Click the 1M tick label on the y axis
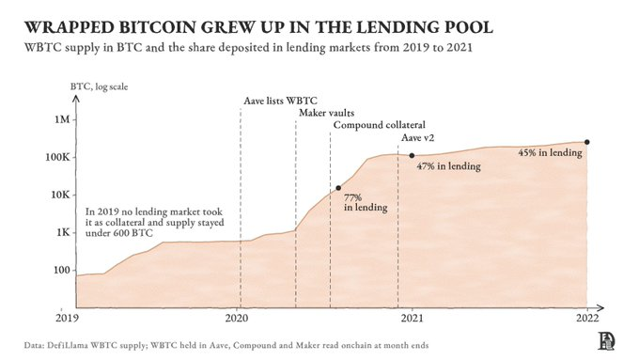click(61, 119)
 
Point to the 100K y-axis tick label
click(57, 157)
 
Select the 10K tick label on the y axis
click(60, 195)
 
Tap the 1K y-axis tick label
click(63, 232)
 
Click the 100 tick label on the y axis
click(62, 270)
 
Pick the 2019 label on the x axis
click(67, 318)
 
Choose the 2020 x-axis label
click(237, 318)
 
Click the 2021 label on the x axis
click(412, 318)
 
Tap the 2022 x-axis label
click(587, 318)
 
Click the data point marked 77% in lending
click(338, 188)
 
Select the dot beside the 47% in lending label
click(412, 155)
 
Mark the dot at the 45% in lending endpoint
click(586, 142)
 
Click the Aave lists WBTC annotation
click(280, 101)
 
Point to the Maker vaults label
click(326, 113)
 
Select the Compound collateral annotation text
click(379, 125)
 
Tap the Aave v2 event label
click(418, 137)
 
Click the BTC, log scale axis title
click(99, 86)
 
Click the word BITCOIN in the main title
click(157, 27)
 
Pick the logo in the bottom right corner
click(606, 341)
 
